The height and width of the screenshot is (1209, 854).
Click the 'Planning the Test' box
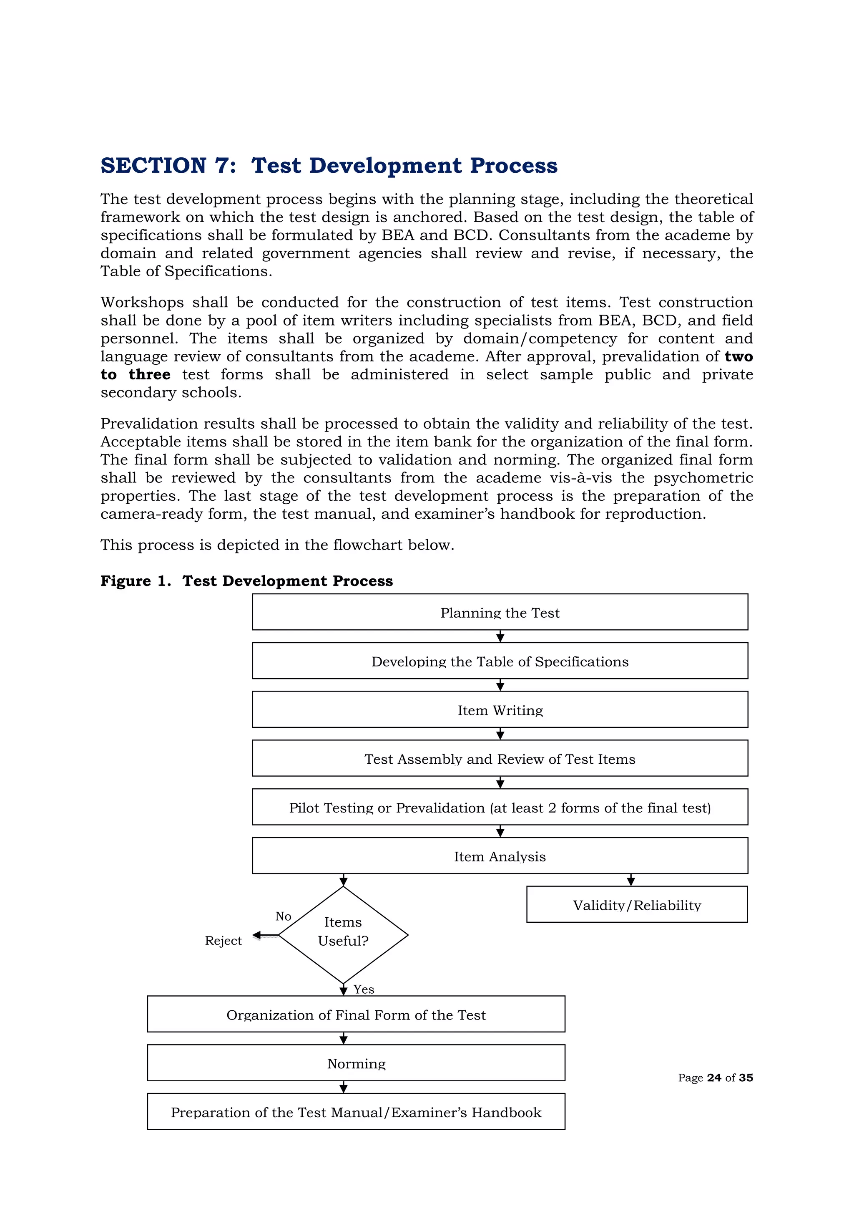[500, 612]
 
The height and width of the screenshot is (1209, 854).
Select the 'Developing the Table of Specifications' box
[500, 661]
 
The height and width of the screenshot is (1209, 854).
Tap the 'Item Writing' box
[500, 710]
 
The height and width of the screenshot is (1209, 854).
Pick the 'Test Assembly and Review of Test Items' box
[500, 758]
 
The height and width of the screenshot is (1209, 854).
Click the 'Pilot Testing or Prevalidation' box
[500, 807]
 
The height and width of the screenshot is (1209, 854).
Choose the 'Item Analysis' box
[500, 856]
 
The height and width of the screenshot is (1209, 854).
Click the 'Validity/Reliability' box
[637, 905]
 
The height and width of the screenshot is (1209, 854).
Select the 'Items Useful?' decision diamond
[343, 935]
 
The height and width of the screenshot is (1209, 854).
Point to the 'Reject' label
[223, 941]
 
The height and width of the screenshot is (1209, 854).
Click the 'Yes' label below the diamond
[364, 989]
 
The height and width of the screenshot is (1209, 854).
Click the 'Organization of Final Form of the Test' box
[356, 1015]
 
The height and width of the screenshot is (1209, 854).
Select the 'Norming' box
[356, 1063]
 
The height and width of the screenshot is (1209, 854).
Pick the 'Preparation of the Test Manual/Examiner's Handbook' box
[356, 1112]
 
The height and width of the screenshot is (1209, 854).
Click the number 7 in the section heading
[221, 166]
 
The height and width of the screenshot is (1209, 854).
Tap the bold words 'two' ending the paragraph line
[738, 356]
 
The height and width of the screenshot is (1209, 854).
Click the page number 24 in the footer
[713, 1078]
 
